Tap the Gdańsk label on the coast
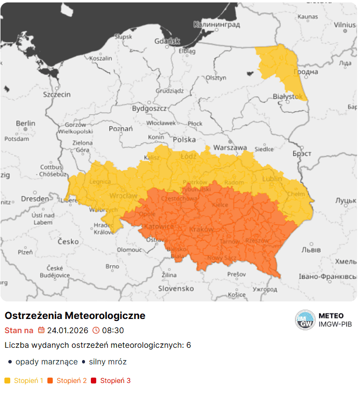(167, 42)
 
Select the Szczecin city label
(57, 94)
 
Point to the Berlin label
(25, 124)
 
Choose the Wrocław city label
(123, 196)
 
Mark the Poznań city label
(121, 129)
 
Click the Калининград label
(216, 24)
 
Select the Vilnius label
(345, 24)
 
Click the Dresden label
(35, 199)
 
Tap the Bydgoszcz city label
(149, 108)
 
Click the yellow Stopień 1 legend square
(7, 381)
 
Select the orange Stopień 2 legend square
(50, 381)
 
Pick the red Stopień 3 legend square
(94, 381)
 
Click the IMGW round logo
(305, 320)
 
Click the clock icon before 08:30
(96, 330)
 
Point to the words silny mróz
(108, 362)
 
